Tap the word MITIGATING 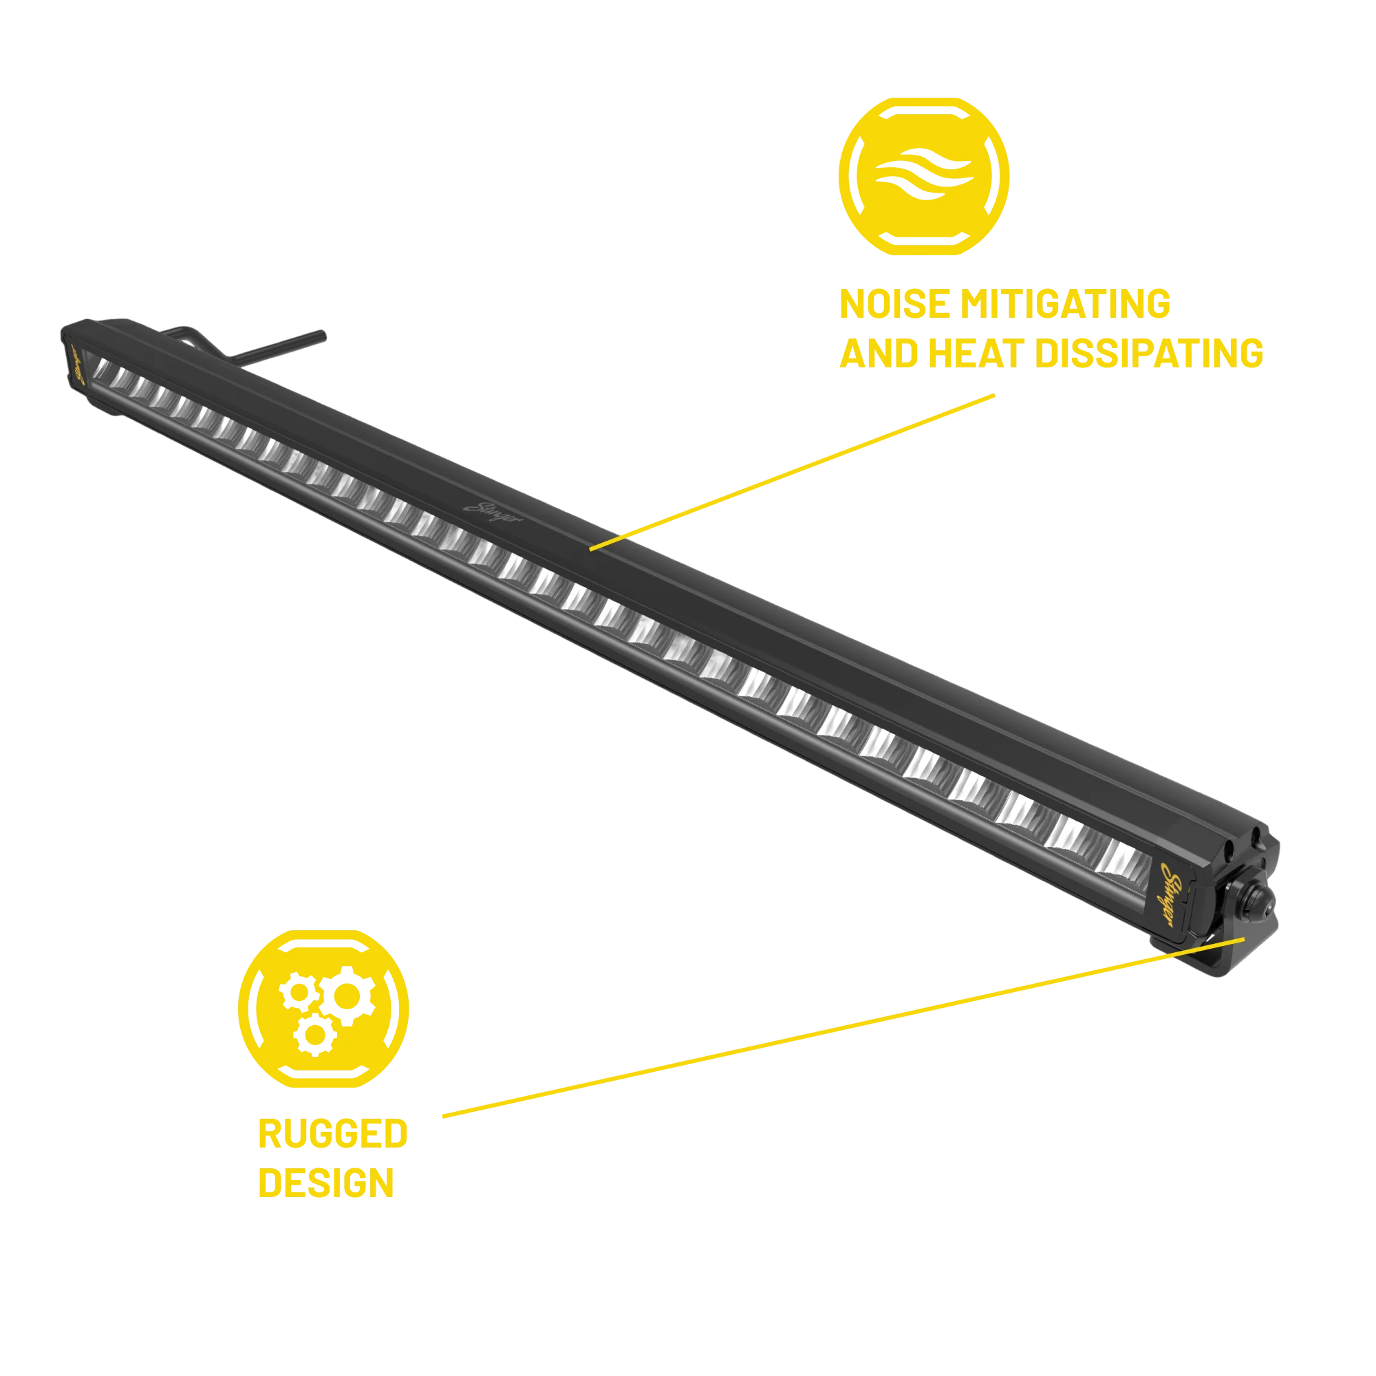click(1066, 304)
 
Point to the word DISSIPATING click(1150, 353)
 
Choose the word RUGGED click(332, 1134)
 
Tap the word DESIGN click(326, 1183)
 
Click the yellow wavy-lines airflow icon click(924, 176)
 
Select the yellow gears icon click(323, 1009)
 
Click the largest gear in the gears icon click(347, 996)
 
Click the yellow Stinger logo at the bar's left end click(78, 365)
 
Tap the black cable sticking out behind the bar click(278, 345)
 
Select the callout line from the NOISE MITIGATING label click(792, 472)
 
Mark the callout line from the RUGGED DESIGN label click(843, 1027)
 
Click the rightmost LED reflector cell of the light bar click(1121, 857)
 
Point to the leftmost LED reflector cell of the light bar click(100, 369)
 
